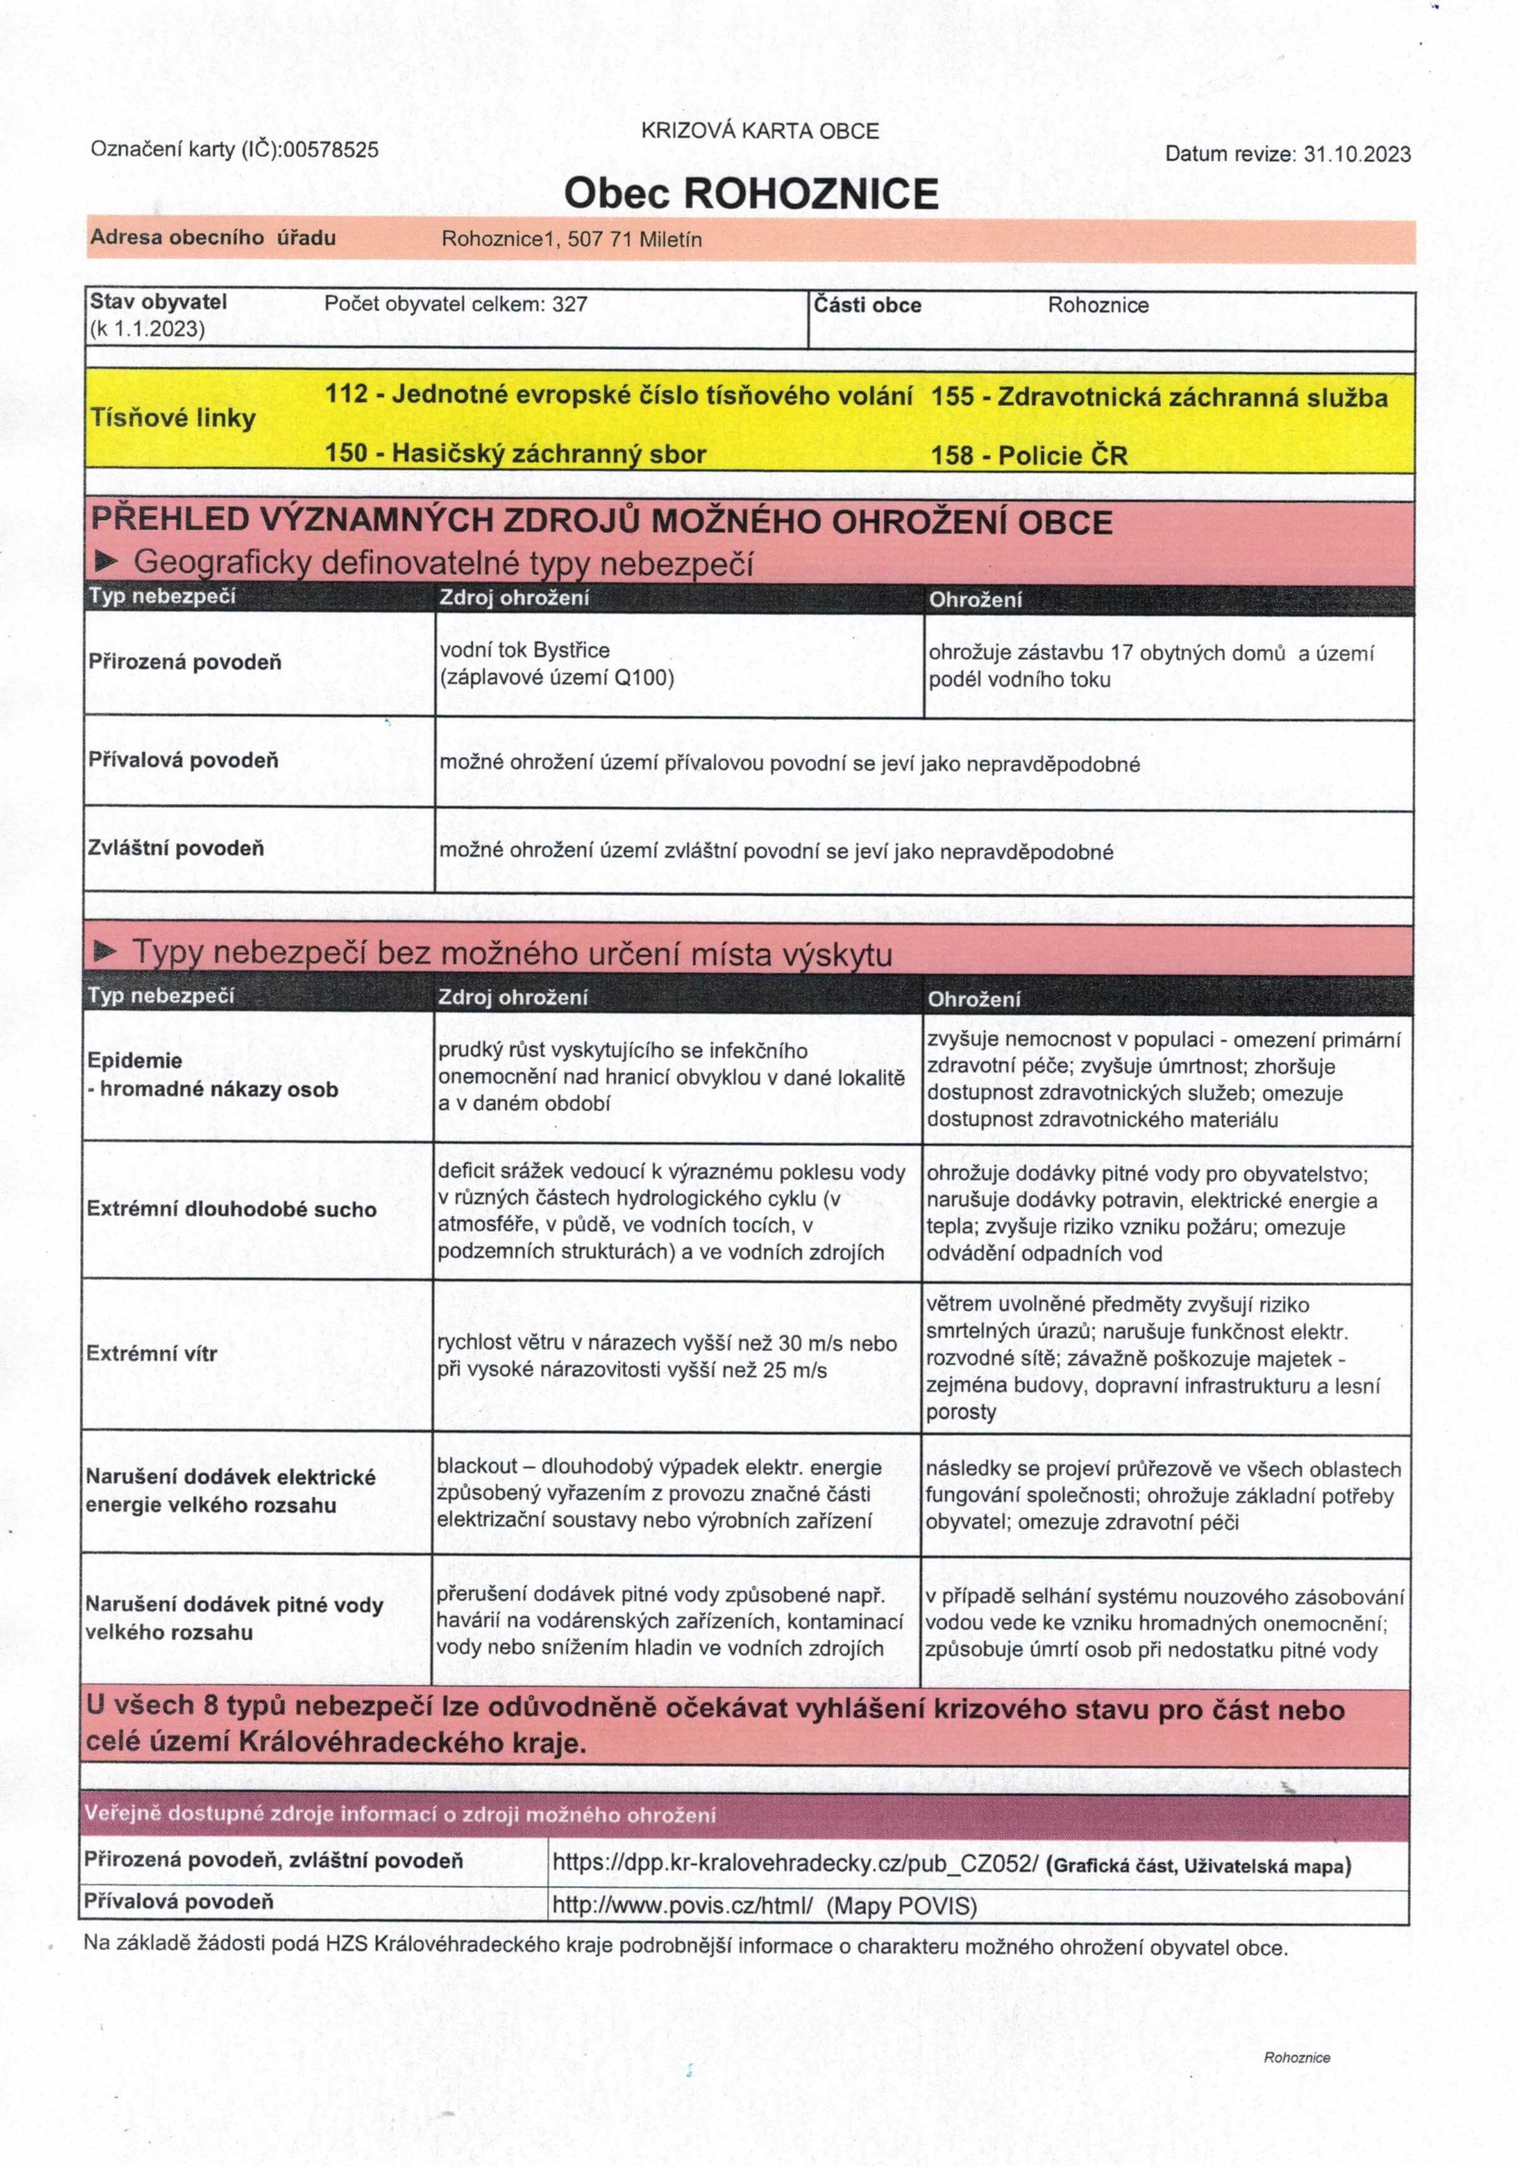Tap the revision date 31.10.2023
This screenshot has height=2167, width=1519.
[1356, 154]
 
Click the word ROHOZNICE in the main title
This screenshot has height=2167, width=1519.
[810, 194]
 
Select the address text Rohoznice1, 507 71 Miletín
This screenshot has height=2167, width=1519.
[571, 240]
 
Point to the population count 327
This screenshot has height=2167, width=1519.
[570, 304]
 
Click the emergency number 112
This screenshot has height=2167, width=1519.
[346, 393]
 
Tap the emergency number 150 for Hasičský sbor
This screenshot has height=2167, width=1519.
[346, 453]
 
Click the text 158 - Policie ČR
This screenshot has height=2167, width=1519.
[1029, 456]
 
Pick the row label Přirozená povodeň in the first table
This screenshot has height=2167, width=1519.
[185, 661]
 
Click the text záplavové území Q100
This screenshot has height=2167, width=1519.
[557, 678]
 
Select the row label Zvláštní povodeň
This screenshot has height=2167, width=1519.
[175, 847]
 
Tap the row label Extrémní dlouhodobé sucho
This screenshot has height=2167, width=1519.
[231, 1209]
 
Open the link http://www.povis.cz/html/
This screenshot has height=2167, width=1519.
[682, 1905]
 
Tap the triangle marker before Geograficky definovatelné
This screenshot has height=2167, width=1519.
[106, 562]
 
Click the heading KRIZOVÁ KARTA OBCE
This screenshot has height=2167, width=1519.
[760, 131]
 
